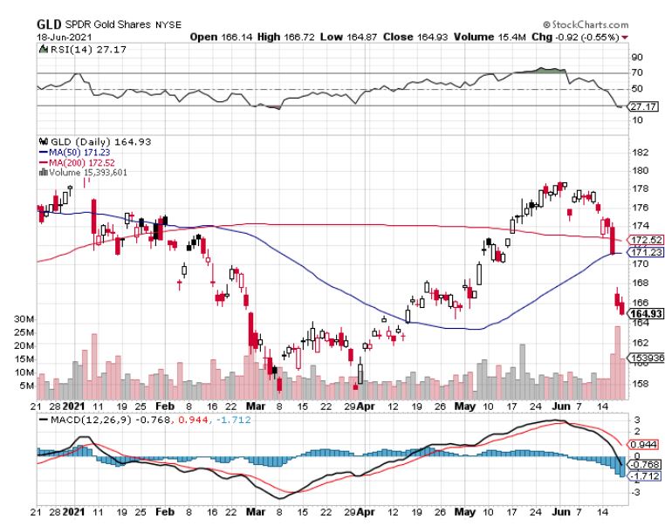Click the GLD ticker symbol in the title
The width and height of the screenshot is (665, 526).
coord(49,24)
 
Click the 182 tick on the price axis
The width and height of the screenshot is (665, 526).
coord(638,152)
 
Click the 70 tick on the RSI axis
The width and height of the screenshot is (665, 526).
coord(636,73)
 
